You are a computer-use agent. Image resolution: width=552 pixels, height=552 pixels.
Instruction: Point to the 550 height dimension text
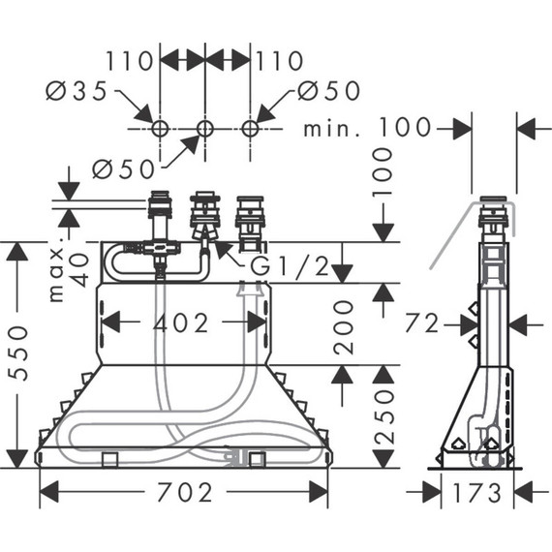tap(20, 354)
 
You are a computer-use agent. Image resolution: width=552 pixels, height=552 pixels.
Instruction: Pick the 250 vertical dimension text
tap(384, 417)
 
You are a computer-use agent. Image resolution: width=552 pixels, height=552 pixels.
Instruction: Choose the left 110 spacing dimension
tap(132, 61)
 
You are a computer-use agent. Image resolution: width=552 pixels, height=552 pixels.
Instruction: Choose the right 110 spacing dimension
tap(280, 61)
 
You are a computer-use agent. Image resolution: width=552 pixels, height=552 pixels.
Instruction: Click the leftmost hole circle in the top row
tap(160, 128)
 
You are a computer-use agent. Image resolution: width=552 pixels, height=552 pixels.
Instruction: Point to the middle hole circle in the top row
tap(205, 128)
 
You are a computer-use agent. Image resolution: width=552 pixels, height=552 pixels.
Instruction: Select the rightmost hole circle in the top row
tap(251, 128)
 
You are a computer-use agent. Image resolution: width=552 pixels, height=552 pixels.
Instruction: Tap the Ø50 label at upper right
tap(328, 91)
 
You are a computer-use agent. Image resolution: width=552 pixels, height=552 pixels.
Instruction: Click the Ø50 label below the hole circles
tap(124, 169)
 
